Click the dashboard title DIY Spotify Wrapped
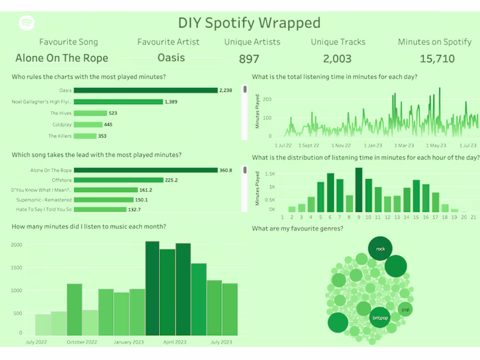[249, 23]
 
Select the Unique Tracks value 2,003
[337, 59]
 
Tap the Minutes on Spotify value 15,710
[437, 59]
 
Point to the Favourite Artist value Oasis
[171, 58]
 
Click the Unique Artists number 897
[249, 59]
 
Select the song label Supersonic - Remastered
[45, 200]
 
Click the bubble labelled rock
[380, 249]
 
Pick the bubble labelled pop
[405, 309]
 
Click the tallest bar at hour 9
[359, 190]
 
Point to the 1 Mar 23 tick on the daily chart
[405, 145]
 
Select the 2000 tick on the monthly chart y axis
[16, 244]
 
